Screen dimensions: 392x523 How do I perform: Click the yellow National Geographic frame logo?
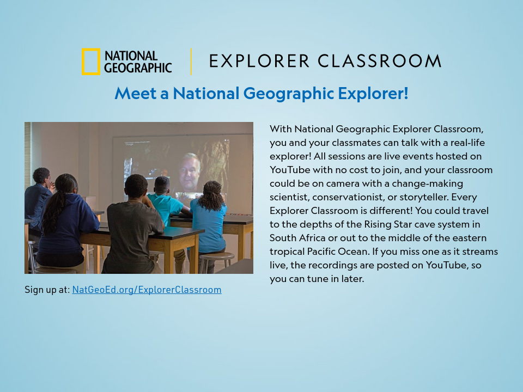click(x=90, y=62)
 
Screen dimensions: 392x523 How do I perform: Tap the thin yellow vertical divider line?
click(x=191, y=62)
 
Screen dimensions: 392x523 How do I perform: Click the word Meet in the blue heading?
click(x=135, y=93)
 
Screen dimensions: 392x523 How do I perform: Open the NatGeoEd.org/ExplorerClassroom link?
click(x=147, y=290)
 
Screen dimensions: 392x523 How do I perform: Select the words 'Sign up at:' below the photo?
click(x=47, y=290)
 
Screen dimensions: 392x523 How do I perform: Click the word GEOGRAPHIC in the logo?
click(x=138, y=68)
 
